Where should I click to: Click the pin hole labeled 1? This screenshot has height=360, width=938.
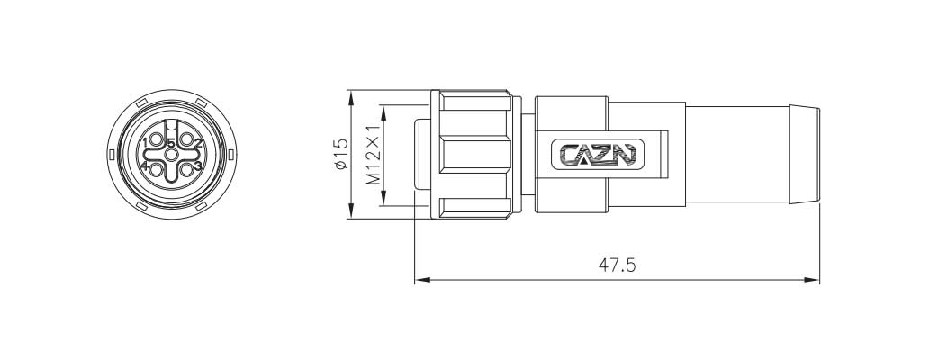click(154, 140)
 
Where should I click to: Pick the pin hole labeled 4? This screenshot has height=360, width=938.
click(154, 167)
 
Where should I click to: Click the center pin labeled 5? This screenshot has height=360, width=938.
click(171, 154)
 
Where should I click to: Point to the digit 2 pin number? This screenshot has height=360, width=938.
click(198, 142)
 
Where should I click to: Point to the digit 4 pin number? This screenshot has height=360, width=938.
click(143, 166)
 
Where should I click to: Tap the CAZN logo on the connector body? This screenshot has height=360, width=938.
click(593, 154)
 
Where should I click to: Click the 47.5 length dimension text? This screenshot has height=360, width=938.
click(618, 265)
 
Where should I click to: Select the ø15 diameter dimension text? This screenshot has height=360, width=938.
click(339, 155)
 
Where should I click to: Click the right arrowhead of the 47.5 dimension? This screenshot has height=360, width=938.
click(815, 281)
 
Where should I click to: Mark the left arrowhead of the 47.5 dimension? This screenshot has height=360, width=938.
click(419, 281)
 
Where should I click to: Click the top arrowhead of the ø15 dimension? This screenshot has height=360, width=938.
click(350, 94)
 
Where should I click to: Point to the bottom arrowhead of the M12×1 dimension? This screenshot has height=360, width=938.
click(383, 201)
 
